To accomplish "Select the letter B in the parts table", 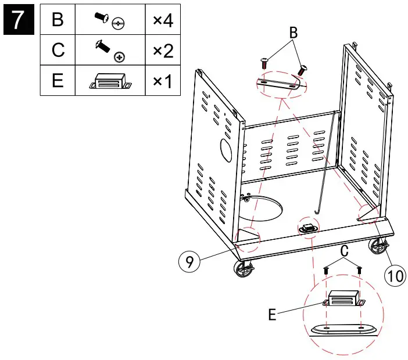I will point(58,20).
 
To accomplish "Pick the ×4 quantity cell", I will point(163,20).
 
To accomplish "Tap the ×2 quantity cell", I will point(163,51).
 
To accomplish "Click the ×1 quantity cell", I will point(163,81).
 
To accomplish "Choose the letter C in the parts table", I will point(58,51).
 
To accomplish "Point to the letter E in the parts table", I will point(58,81).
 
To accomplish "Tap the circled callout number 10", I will point(395,275).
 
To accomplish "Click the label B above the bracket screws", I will point(293,34).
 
